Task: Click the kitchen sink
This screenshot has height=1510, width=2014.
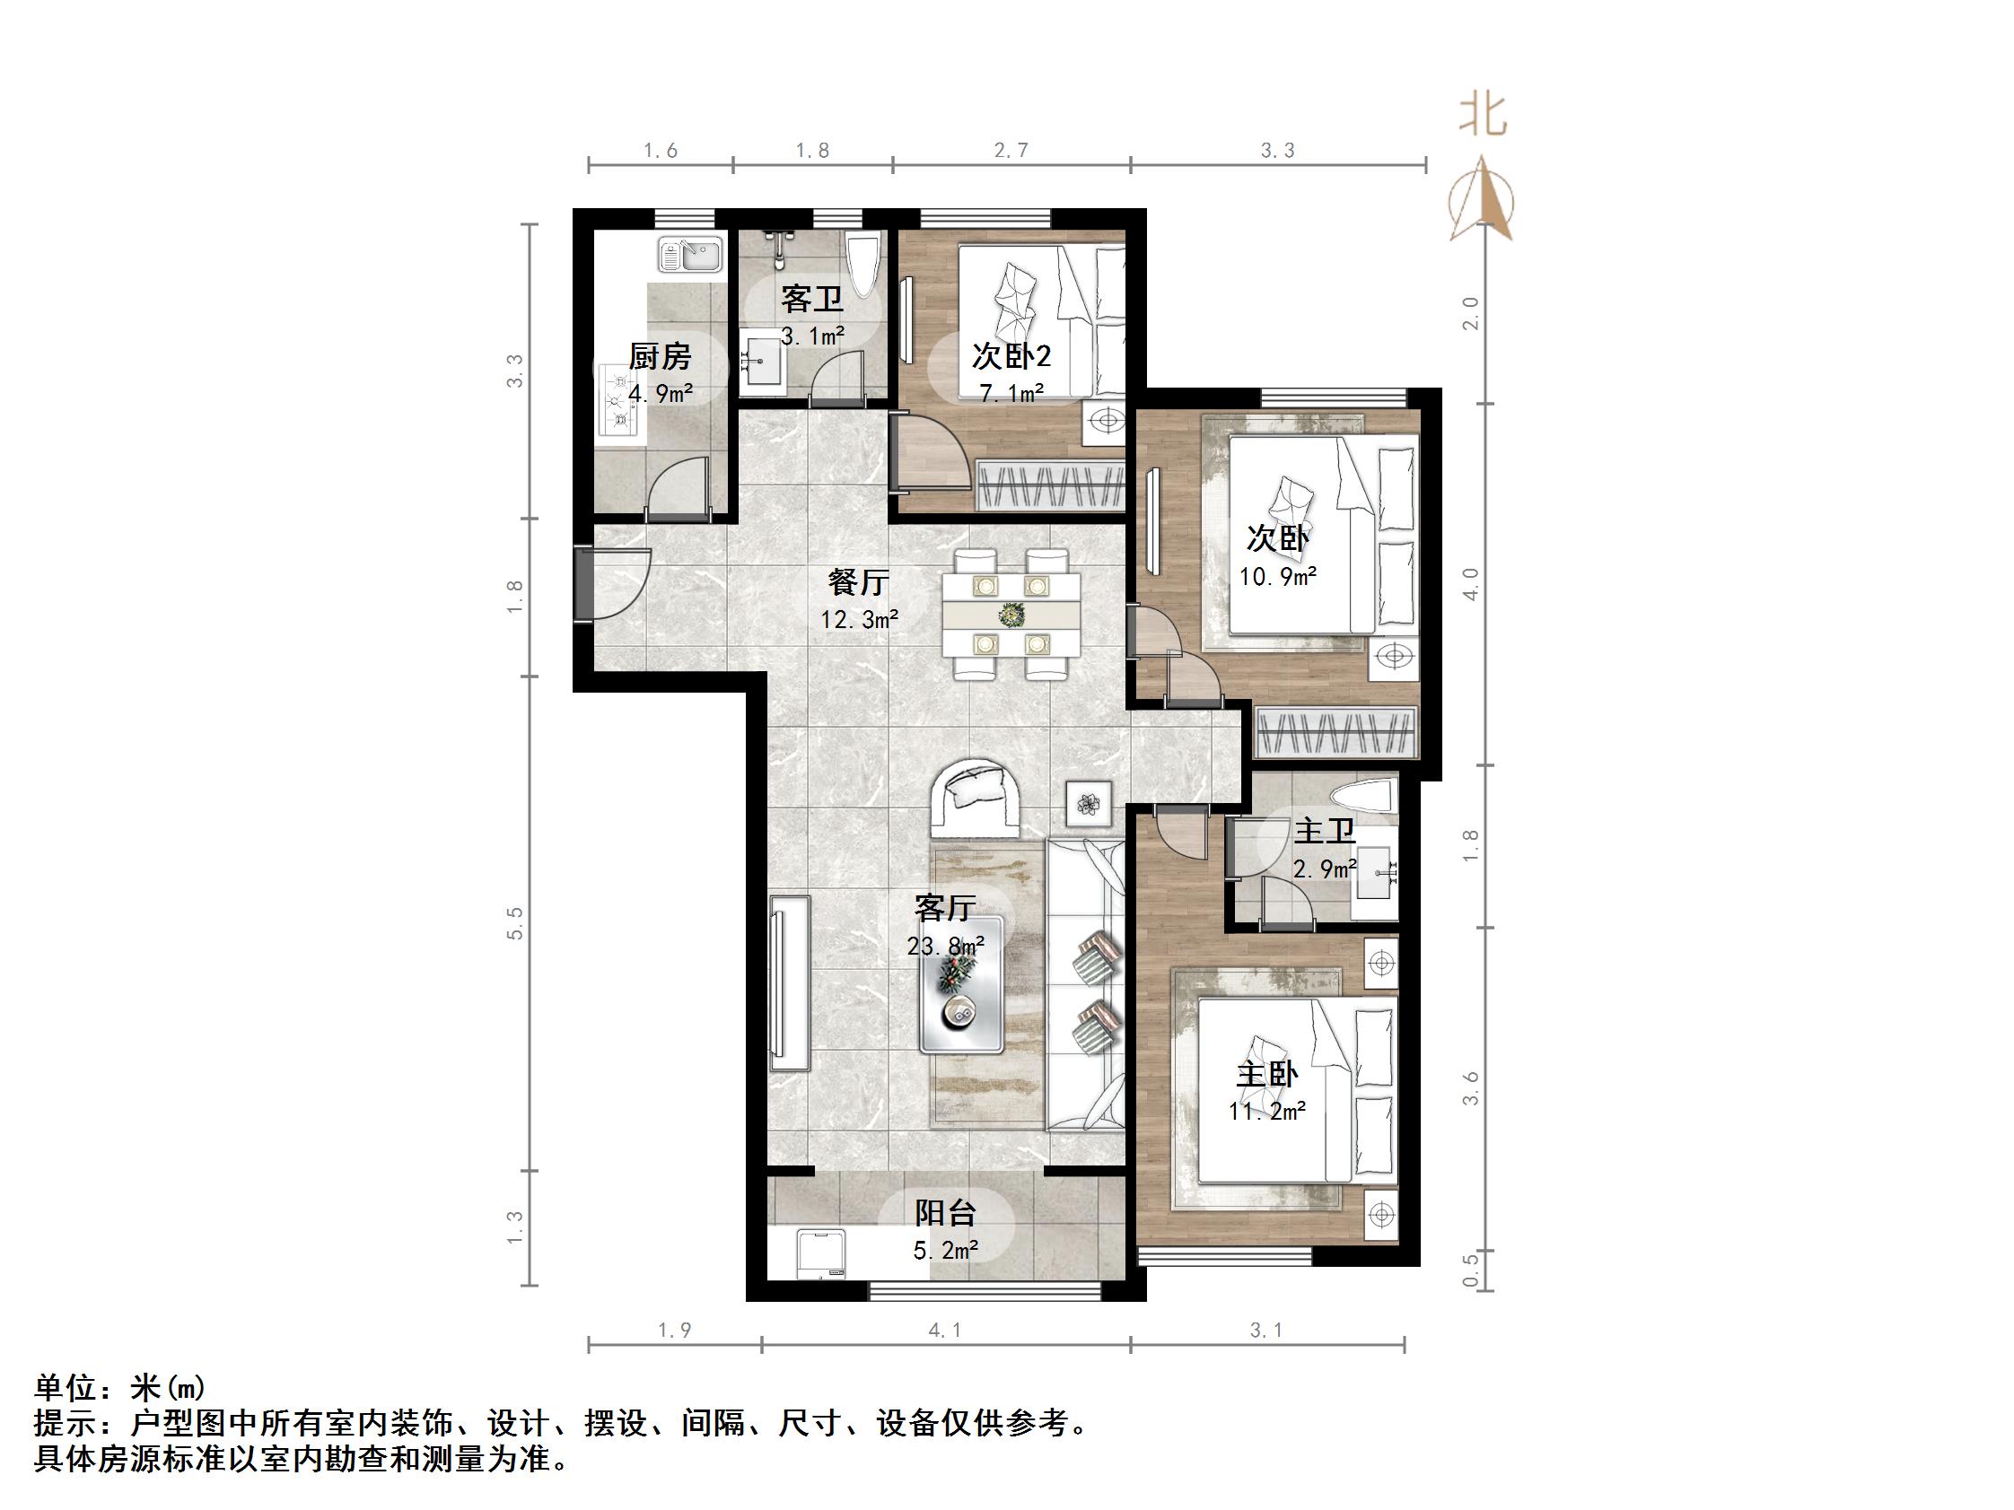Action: pos(689,255)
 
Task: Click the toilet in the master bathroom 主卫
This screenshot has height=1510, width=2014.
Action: pos(1363,797)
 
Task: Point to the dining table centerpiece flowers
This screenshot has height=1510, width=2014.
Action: pos(1010,615)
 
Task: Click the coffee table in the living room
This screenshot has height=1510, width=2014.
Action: pos(961,985)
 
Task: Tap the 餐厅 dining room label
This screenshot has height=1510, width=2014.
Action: pos(858,581)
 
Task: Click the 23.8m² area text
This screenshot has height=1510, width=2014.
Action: pos(945,947)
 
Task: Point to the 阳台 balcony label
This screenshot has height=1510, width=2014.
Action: pos(945,1212)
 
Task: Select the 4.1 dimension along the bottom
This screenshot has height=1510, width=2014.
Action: pos(945,1331)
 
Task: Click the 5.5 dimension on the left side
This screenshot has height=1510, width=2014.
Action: pos(515,923)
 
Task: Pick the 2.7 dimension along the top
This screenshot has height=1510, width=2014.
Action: pos(1011,151)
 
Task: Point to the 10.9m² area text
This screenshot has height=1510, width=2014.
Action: pos(1277,576)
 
